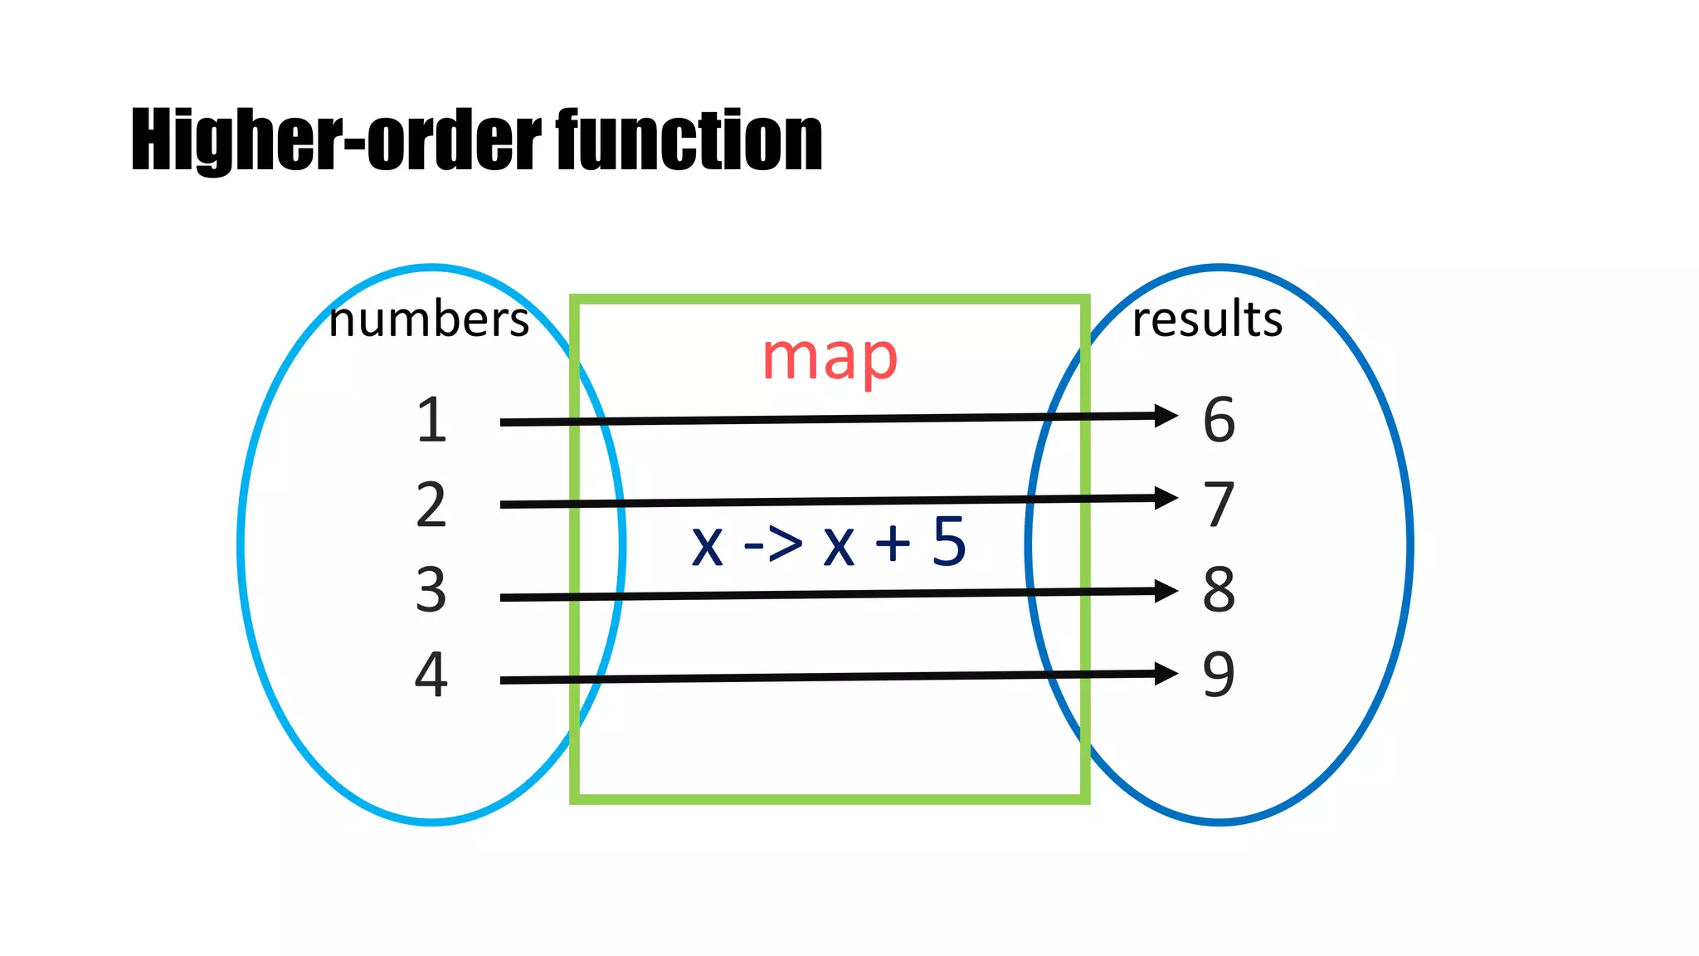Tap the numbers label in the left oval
tap(428, 320)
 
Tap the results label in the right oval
tap(1207, 319)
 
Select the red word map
tap(830, 358)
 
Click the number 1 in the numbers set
tap(431, 420)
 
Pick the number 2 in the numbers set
tap(431, 505)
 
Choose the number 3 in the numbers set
tap(431, 590)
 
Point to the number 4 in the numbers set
tap(431, 674)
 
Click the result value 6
tap(1219, 420)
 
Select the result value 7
tap(1219, 505)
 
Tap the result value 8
tap(1219, 590)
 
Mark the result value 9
tap(1219, 674)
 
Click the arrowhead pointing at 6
tap(1165, 416)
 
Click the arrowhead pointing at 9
tap(1165, 674)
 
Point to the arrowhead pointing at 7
tap(1165, 498)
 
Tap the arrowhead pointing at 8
tap(1165, 591)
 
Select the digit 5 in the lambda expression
tap(949, 542)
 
